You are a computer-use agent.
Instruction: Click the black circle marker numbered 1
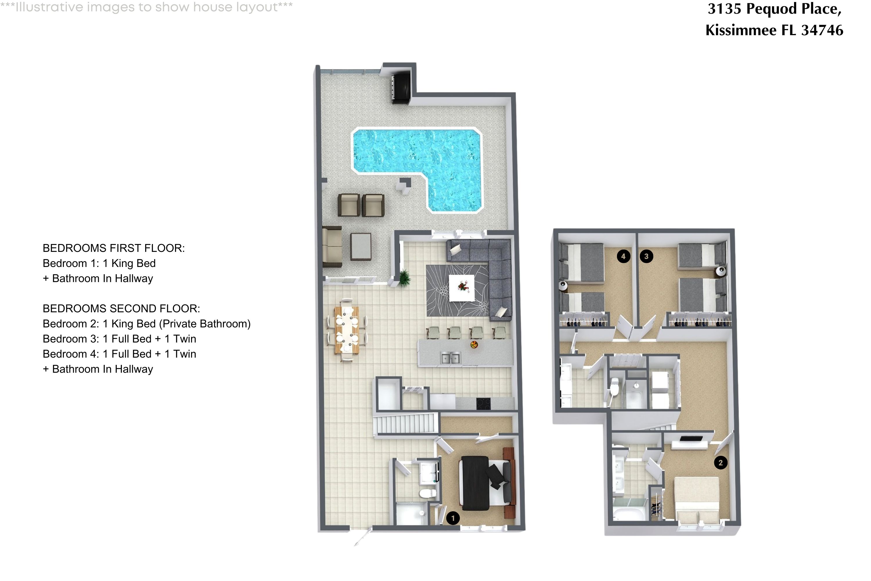click(453, 518)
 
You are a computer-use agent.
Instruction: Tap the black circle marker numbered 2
click(720, 462)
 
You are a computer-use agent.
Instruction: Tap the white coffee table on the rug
click(461, 288)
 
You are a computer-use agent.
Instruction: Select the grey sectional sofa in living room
click(500, 274)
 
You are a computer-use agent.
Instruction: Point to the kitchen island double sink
click(450, 358)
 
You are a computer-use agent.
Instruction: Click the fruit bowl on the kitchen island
click(474, 345)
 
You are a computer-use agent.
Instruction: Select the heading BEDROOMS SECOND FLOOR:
click(121, 308)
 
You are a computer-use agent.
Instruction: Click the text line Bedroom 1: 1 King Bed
click(99, 263)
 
